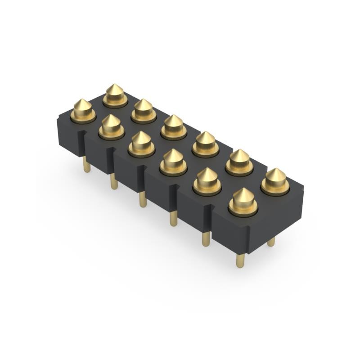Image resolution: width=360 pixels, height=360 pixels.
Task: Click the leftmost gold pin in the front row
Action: (83, 110)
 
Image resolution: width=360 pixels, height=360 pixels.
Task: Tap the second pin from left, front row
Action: (111, 126)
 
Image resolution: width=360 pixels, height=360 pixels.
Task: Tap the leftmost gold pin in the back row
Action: (115, 95)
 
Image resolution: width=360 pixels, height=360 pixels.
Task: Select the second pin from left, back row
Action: (144, 110)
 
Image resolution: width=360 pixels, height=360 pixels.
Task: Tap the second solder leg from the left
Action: (114, 182)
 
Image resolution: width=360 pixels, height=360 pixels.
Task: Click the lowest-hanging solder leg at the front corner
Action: (240, 260)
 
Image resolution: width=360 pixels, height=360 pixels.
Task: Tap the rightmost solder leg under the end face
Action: (271, 242)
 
